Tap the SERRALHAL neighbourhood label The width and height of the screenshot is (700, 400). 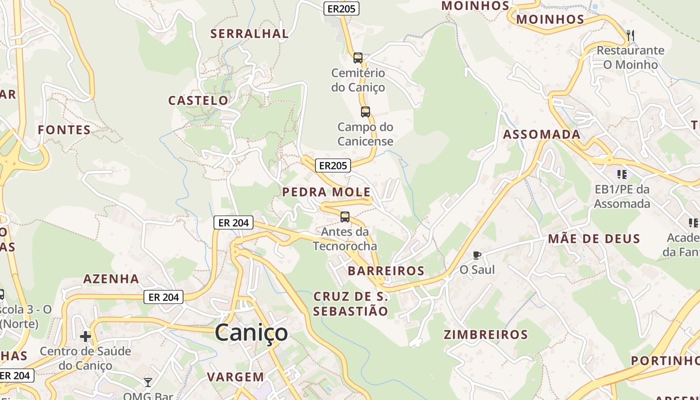click(249, 33)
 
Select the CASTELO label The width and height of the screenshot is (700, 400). click(198, 100)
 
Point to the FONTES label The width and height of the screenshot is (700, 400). click(64, 130)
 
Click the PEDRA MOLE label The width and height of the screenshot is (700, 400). click(326, 192)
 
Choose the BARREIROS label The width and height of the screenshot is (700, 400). click(386, 271)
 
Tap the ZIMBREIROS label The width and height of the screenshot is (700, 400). click(485, 334)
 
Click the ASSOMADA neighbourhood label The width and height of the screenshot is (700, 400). click(542, 134)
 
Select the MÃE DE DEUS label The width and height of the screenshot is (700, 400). click(594, 238)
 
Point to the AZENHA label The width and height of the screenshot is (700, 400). click(111, 278)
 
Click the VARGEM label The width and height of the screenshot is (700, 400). click(235, 377)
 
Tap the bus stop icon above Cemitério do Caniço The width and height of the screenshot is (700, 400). click(358, 58)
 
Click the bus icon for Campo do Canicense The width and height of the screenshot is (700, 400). click(365, 112)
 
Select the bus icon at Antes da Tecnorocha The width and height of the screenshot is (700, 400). click(345, 217)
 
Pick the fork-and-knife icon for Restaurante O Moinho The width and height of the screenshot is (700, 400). click(630, 35)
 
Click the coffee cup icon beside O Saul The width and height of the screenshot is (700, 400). click(477, 255)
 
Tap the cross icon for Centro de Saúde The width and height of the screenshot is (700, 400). click(85, 336)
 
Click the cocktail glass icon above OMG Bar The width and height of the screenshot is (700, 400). click(148, 382)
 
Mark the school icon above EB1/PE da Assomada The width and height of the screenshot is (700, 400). click(622, 174)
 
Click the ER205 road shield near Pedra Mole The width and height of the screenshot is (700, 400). click(333, 165)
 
